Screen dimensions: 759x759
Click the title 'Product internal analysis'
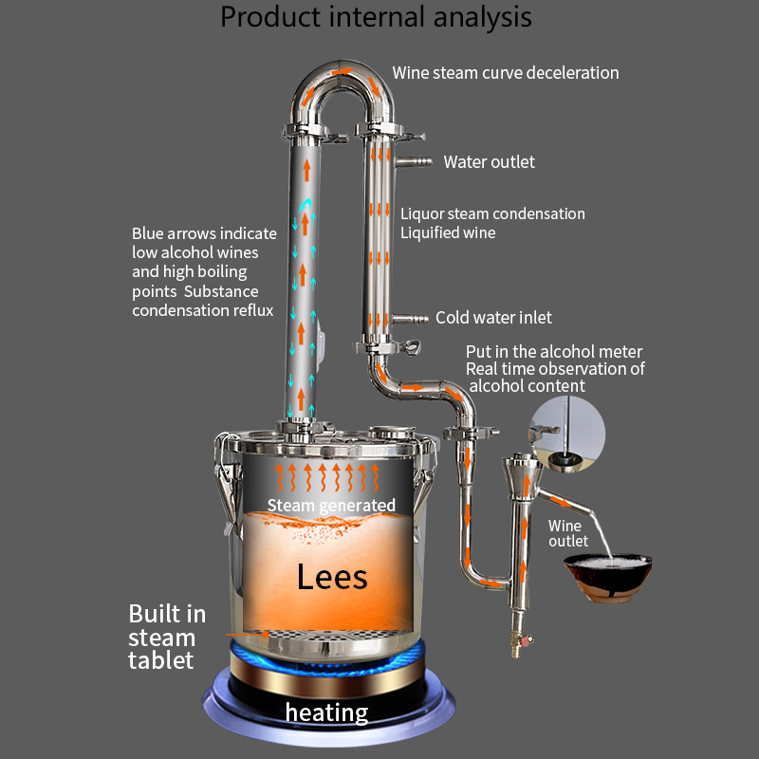pyautogui.click(x=376, y=17)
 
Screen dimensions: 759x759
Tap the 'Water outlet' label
pyautogui.click(x=489, y=162)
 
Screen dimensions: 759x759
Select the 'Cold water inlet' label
pyautogui.click(x=493, y=318)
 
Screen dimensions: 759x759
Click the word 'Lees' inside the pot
pyautogui.click(x=331, y=576)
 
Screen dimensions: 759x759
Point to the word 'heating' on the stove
pyautogui.click(x=326, y=713)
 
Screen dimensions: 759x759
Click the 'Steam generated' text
pyautogui.click(x=330, y=505)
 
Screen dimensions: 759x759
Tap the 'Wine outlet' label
pyautogui.click(x=568, y=532)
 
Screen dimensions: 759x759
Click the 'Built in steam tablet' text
pyautogui.click(x=166, y=637)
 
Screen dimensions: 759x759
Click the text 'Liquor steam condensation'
pyautogui.click(x=491, y=214)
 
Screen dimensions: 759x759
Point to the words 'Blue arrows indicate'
pyautogui.click(x=204, y=233)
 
